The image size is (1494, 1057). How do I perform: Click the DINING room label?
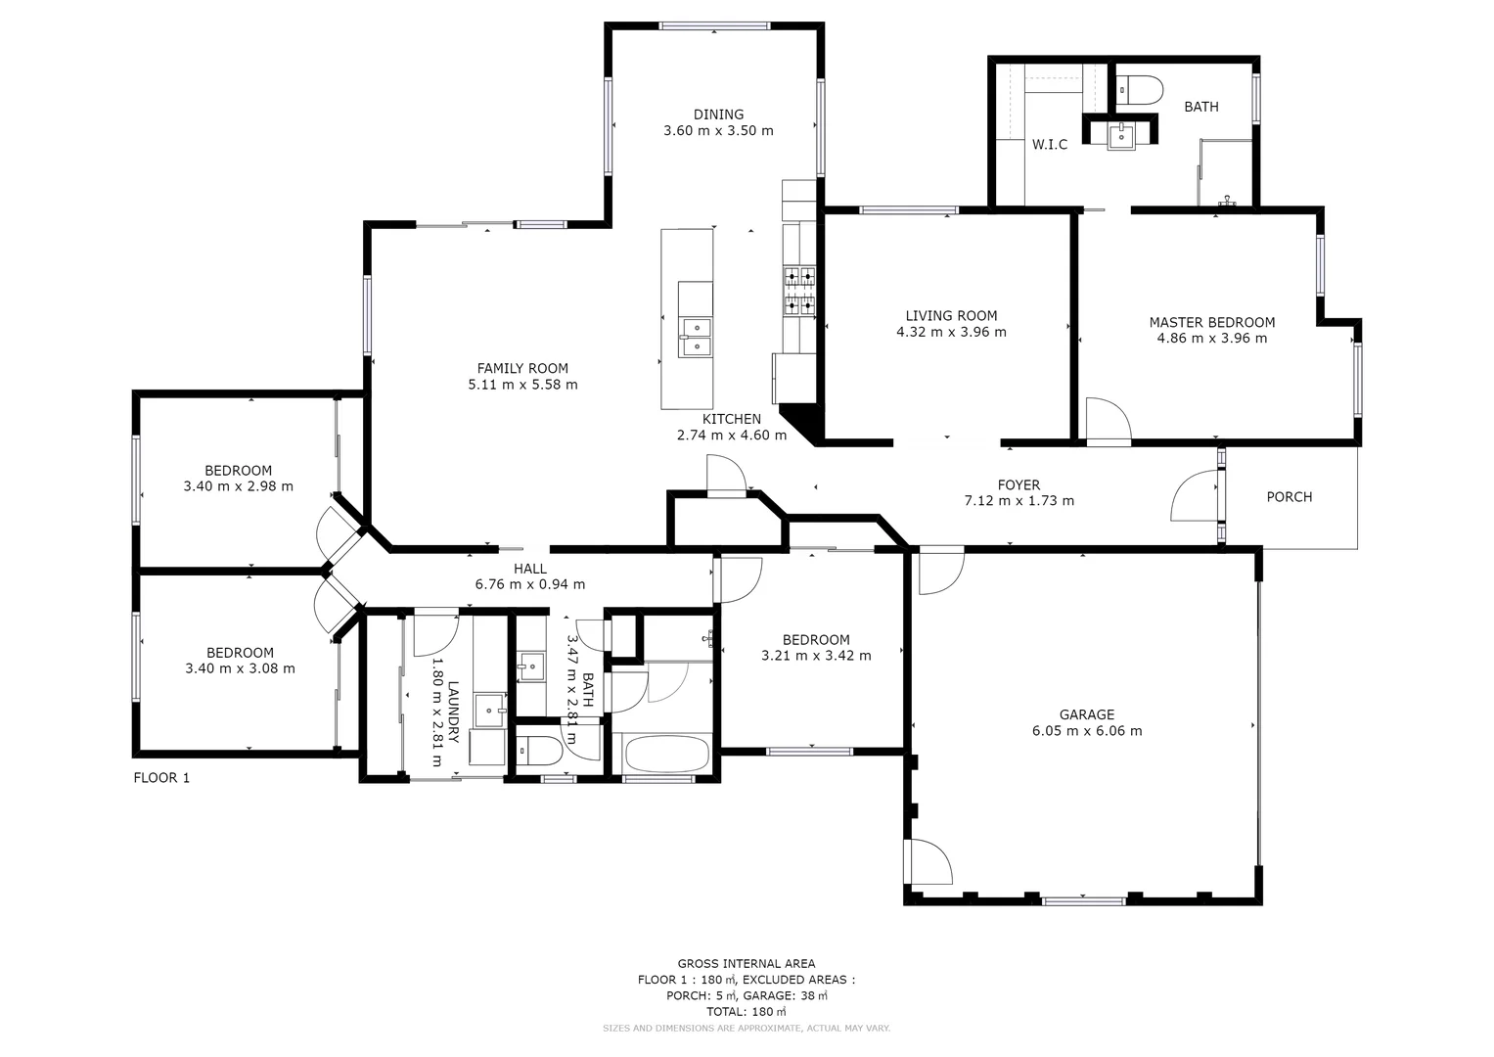pos(718,115)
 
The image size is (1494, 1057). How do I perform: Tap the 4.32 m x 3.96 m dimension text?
pos(951,332)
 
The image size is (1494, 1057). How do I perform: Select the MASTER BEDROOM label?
pos(1211,322)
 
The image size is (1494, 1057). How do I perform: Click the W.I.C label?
pos(1049,145)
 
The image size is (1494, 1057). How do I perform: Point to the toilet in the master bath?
pos(1138,91)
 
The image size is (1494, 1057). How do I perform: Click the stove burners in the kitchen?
pos(798,292)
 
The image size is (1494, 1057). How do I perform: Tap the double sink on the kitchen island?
pos(696,336)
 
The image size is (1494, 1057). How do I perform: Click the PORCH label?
pos(1289,497)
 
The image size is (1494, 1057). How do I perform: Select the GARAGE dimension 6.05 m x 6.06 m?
pos(1086,731)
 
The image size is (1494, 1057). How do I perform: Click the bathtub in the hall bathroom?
pos(663,755)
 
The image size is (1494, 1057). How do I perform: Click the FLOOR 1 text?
pos(161,778)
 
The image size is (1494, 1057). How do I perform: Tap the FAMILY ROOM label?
pos(522,368)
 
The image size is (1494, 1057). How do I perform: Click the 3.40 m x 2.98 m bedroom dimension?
pos(238,486)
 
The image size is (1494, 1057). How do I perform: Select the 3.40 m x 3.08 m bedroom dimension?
pos(240,669)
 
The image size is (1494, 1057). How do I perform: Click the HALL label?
pos(530,569)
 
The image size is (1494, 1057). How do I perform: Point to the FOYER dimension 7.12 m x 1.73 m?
pos(1019,501)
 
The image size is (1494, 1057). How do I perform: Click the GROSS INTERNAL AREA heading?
pos(746,964)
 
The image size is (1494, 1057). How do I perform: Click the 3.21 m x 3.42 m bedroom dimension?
pos(816,656)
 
